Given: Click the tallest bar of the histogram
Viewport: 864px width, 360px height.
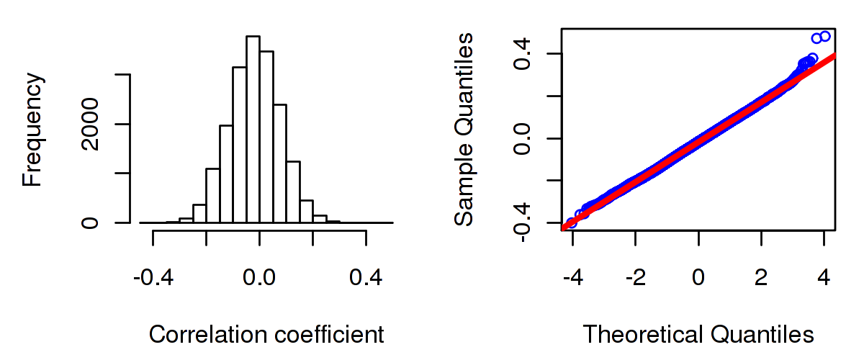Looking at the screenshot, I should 253,130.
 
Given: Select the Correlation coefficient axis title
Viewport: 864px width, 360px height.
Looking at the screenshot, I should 266,335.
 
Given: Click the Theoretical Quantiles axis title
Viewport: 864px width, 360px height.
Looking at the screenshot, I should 698,335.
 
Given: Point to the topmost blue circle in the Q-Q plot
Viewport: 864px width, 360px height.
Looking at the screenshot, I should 824,36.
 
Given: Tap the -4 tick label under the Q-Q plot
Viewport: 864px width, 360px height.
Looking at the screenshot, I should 570,276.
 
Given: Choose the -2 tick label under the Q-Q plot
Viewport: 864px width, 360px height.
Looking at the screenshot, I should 633,276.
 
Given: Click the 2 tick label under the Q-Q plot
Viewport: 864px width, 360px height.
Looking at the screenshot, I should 762,276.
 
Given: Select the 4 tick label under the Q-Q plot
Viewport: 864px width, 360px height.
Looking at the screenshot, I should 824,276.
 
